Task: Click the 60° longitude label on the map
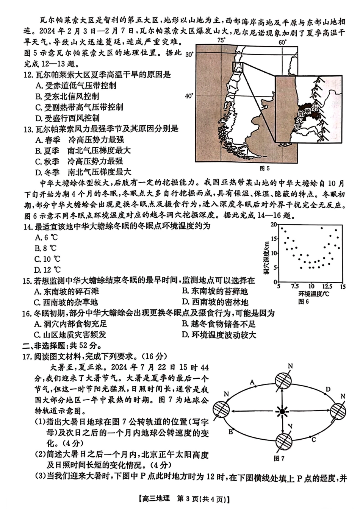(282, 42)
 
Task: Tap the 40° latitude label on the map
(189, 95)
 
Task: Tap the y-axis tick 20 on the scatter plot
(274, 225)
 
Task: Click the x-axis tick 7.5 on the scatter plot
(296, 287)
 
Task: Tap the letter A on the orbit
(252, 382)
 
